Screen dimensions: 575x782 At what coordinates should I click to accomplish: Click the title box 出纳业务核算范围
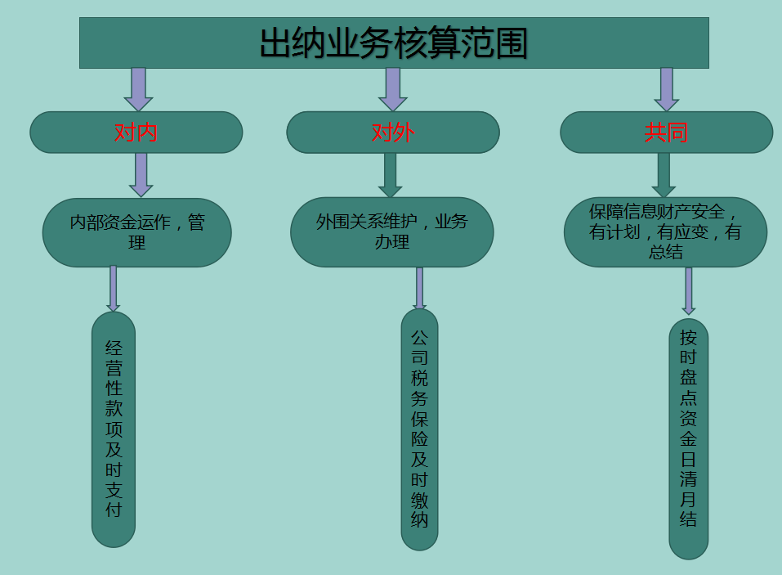tap(394, 43)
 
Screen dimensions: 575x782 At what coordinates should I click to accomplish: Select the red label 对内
tap(136, 133)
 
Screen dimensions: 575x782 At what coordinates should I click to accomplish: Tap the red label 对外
tap(393, 133)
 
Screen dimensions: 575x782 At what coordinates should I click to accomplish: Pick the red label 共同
tap(666, 133)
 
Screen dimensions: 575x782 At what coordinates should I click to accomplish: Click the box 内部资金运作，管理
tap(136, 232)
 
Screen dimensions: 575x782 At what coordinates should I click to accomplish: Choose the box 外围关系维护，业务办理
tap(392, 231)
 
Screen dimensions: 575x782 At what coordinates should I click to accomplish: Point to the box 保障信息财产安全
tap(665, 231)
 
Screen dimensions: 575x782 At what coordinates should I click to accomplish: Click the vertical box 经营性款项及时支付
tap(114, 429)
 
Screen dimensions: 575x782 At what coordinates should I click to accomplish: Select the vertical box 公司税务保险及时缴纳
tap(419, 429)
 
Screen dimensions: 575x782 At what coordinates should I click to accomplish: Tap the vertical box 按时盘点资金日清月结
tap(688, 438)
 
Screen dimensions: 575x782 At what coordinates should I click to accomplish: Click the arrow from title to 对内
tap(138, 88)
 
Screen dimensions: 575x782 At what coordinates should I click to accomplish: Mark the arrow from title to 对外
tap(393, 88)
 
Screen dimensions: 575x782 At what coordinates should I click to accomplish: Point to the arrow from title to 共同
tap(667, 88)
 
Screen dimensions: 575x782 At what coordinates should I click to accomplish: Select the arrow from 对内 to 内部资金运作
tap(141, 174)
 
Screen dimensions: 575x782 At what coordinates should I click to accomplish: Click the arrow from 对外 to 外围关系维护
tap(391, 174)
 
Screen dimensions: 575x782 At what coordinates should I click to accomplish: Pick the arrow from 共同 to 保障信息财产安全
tap(663, 174)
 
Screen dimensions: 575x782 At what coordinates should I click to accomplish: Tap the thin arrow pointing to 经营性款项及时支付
tap(113, 288)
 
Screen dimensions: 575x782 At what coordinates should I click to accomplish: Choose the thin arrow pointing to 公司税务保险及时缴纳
tap(419, 287)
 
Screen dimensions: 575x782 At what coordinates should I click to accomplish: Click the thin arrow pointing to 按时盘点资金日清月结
tap(689, 290)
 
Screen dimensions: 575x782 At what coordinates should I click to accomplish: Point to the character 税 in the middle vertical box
tap(419, 378)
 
